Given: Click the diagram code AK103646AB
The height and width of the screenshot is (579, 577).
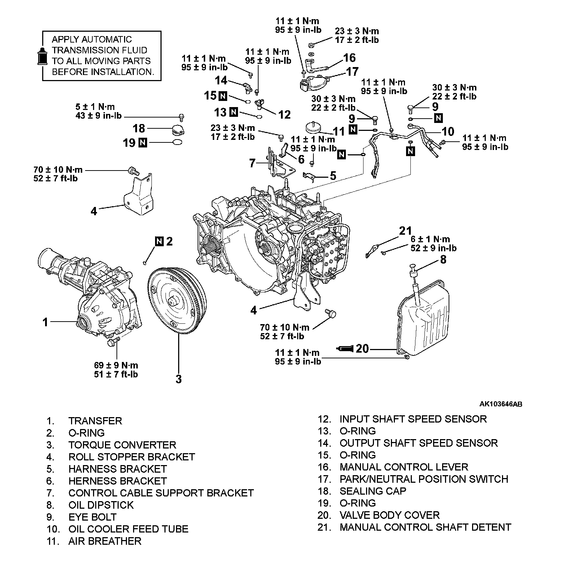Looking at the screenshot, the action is pyautogui.click(x=501, y=404).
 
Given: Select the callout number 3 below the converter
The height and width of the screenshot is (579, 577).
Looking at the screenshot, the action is pyautogui.click(x=179, y=379).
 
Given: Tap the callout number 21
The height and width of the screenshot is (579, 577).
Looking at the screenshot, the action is pyautogui.click(x=405, y=230).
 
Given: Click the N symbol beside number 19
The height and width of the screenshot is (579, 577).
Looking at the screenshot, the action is pyautogui.click(x=143, y=143).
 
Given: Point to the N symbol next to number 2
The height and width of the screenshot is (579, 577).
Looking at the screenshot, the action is pyautogui.click(x=160, y=241).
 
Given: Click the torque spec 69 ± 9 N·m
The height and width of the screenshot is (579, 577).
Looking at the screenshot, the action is pyautogui.click(x=116, y=365).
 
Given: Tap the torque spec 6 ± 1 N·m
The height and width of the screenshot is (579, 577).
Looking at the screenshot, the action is pyautogui.click(x=430, y=239).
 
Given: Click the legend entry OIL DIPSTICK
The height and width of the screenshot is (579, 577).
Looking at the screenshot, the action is pyautogui.click(x=101, y=505).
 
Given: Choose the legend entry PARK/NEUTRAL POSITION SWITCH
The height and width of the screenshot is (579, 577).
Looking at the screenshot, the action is pyautogui.click(x=424, y=479).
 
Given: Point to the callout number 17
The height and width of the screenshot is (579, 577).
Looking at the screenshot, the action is pyautogui.click(x=352, y=71).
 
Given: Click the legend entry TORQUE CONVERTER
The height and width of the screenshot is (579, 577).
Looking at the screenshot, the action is pyautogui.click(x=122, y=445).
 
